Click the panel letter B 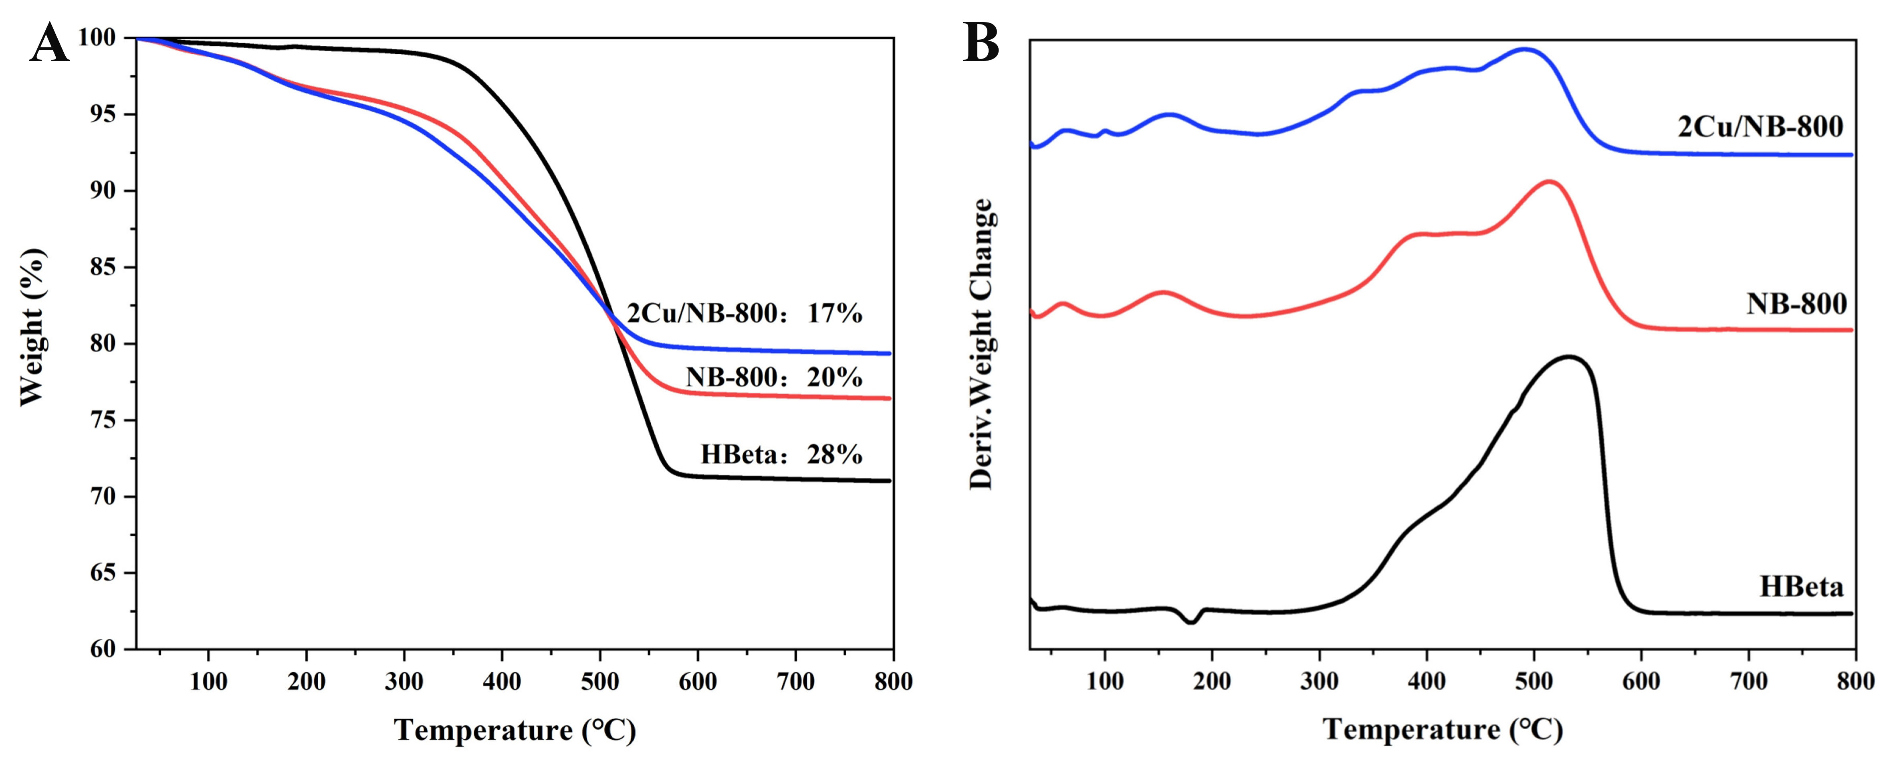coord(981,43)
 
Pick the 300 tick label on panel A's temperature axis coord(404,682)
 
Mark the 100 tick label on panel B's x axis coord(1104,682)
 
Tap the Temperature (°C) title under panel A coord(515,730)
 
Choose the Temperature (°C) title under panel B coord(1443,730)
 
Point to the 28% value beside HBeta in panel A coord(834,455)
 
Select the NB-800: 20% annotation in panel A coord(773,377)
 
